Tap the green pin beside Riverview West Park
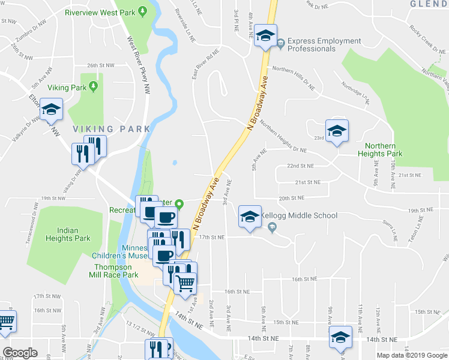coord(142,11)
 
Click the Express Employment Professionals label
coord(324,45)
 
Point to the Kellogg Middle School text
coord(300,215)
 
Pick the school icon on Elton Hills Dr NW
coord(52,109)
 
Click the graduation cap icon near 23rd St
coord(337,131)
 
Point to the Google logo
coord(20,353)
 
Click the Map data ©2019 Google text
coord(411,355)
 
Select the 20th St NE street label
coord(292,197)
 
